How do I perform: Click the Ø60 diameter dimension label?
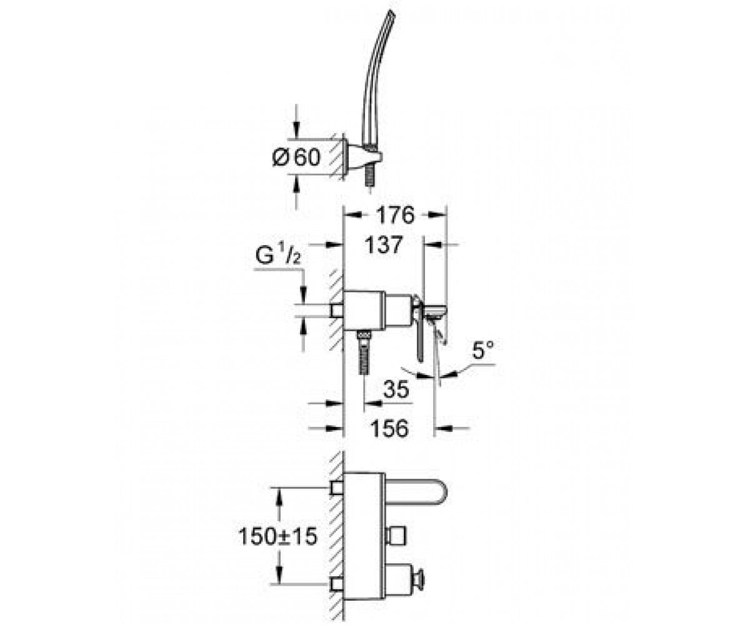point(297,157)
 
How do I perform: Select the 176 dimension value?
point(395,215)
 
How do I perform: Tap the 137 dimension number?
point(383,245)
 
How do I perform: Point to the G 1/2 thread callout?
point(278,256)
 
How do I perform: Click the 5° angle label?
point(482,349)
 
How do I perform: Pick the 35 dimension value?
point(396,389)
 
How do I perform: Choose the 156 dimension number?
point(389,429)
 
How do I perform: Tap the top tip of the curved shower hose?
point(391,12)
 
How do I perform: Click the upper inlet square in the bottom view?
point(337,488)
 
